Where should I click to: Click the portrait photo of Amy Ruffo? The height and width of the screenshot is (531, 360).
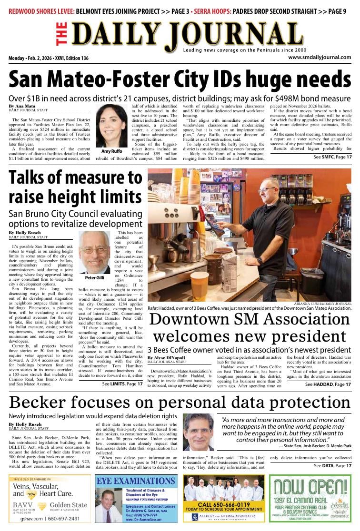point(112,126)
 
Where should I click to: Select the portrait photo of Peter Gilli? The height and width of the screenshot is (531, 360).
point(94,252)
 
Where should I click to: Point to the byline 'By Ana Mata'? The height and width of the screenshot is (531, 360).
point(22,106)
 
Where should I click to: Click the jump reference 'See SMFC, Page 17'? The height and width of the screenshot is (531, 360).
point(332,157)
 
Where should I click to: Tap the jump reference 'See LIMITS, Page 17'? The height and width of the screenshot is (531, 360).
point(122,383)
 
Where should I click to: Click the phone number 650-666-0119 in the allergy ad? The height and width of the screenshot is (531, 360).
point(224,504)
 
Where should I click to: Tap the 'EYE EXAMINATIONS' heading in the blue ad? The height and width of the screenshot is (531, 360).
point(136,481)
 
